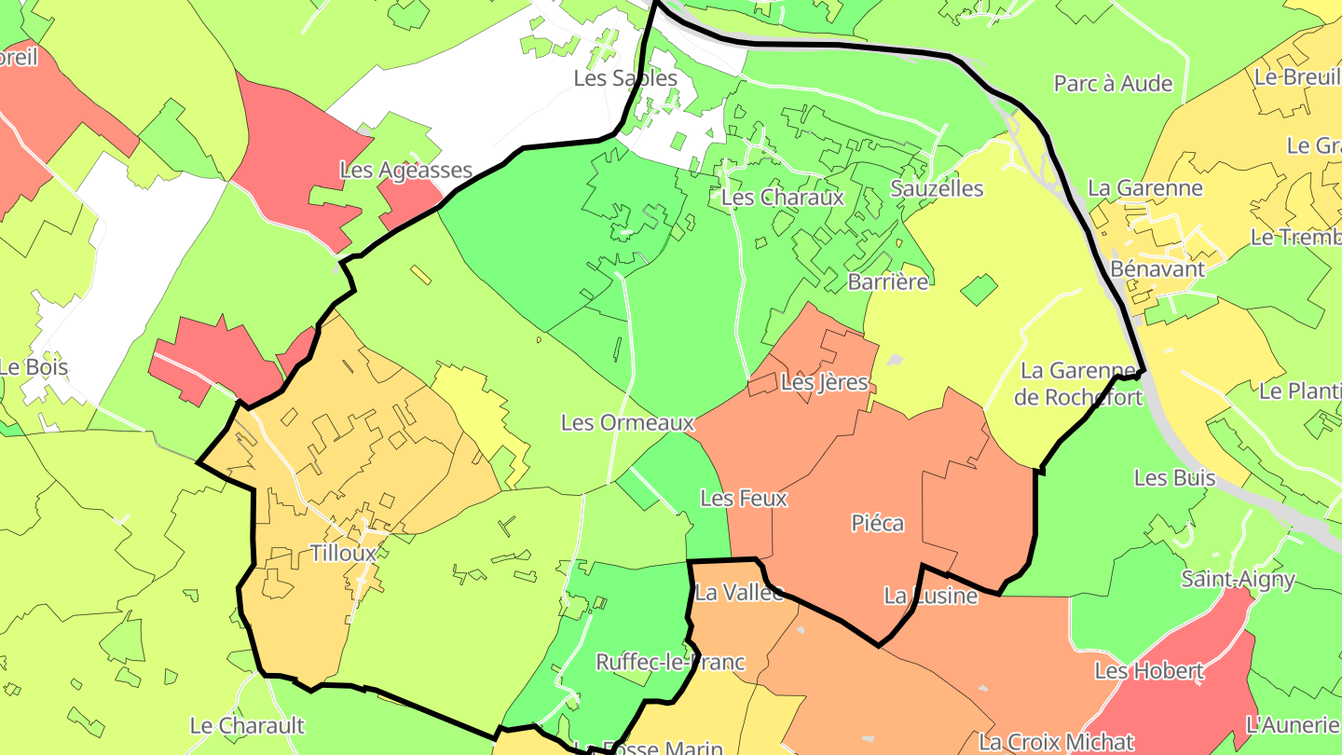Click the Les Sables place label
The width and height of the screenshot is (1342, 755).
[x=625, y=78]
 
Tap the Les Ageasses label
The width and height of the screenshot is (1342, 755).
[x=405, y=171]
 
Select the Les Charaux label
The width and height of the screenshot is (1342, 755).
[x=782, y=198]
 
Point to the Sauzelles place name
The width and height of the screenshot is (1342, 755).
[x=937, y=188]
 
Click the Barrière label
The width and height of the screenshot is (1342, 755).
[x=888, y=281]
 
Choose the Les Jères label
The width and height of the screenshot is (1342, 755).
[x=824, y=382]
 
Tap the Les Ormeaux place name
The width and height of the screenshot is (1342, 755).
[x=627, y=423]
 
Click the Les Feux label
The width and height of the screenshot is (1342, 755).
[x=744, y=499]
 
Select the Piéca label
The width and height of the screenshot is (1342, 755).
[x=877, y=524]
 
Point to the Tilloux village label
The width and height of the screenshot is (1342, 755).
[x=343, y=554]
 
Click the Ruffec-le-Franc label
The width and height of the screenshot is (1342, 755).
[x=670, y=663]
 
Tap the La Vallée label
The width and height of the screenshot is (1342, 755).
[x=739, y=593]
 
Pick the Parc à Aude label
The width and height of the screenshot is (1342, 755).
[x=1113, y=84]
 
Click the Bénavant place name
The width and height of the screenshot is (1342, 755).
[x=1157, y=269]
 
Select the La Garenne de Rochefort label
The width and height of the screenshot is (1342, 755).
[x=1078, y=384]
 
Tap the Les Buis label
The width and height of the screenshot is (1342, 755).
[x=1174, y=478]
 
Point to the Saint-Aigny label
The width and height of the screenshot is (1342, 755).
[x=1238, y=580]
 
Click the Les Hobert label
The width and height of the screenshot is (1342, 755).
[x=1149, y=671]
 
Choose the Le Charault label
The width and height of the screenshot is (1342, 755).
[x=247, y=725]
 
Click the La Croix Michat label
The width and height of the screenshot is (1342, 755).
[x=1056, y=743]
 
